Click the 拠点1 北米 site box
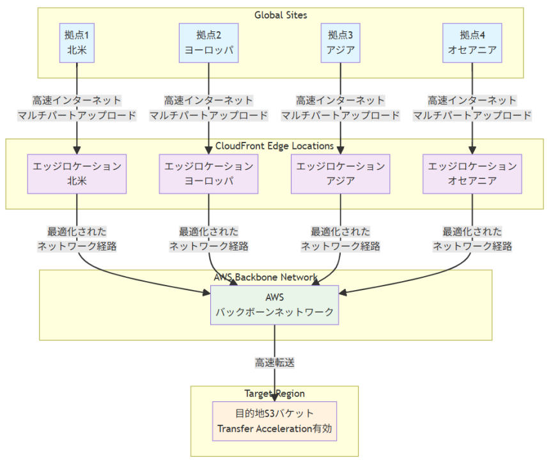click(x=77, y=43)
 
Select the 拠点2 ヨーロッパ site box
click(x=208, y=43)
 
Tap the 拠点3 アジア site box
click(x=340, y=43)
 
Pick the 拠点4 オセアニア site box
click(x=472, y=43)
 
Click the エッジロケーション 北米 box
click(x=77, y=174)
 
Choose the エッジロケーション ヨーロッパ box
click(x=208, y=174)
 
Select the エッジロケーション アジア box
click(x=340, y=174)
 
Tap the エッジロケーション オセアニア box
click(x=472, y=174)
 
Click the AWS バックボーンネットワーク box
click(x=274, y=305)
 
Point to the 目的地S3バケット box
click(x=274, y=420)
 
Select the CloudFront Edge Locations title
click(x=274, y=146)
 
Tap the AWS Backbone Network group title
click(x=266, y=277)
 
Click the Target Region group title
click(x=274, y=393)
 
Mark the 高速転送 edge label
click(x=274, y=362)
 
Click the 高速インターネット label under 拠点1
click(x=77, y=100)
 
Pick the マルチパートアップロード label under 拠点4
click(x=472, y=116)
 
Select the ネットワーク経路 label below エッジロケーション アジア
click(x=340, y=246)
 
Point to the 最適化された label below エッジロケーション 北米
click(x=77, y=231)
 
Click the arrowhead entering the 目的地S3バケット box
click(x=274, y=397)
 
